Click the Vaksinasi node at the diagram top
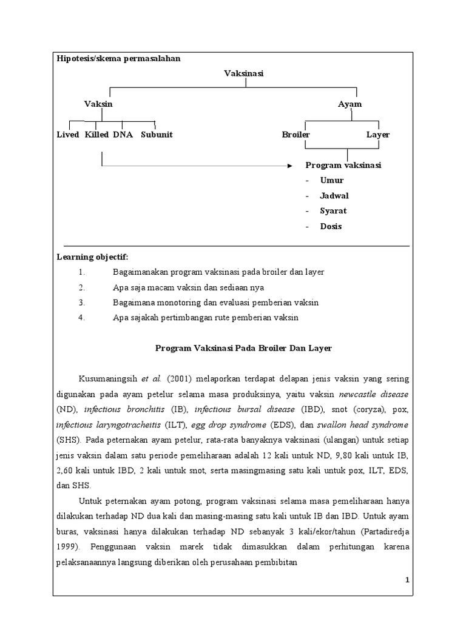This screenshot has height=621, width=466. click(244, 73)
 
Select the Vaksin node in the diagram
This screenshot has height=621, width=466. click(98, 104)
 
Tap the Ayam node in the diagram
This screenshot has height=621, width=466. click(349, 104)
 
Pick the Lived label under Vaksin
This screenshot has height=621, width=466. click(68, 135)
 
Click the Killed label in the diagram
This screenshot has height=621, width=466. click(97, 135)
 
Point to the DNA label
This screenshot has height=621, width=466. click(123, 135)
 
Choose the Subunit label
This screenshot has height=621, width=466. click(157, 135)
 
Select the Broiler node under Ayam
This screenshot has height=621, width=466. click(296, 135)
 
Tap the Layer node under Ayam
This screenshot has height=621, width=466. click(378, 135)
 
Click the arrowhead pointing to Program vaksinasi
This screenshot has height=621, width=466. click(290, 165)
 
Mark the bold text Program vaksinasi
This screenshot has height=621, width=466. click(343, 165)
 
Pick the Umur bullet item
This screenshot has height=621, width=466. click(332, 180)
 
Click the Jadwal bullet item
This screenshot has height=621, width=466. click(334, 196)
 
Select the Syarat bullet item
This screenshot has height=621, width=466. click(333, 211)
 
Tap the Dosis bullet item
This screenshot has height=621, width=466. click(331, 226)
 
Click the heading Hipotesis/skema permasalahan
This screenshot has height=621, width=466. click(118, 58)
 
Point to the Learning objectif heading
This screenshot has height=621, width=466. click(92, 257)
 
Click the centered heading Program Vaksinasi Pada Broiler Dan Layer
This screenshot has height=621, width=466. click(243, 348)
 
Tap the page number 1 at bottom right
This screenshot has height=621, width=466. click(408, 580)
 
